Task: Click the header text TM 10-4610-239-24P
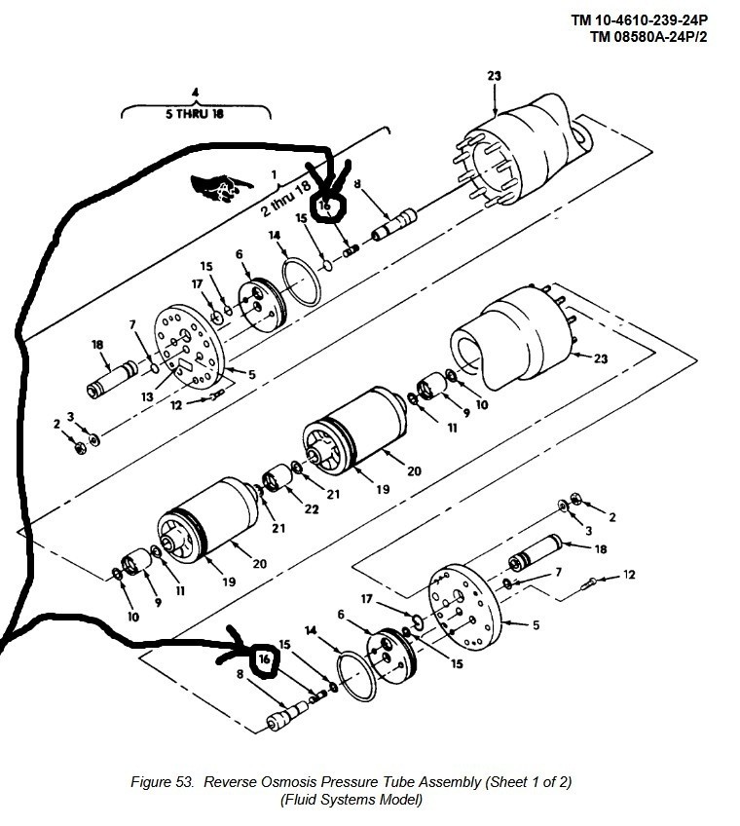(x=640, y=20)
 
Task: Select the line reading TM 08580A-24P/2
(x=648, y=37)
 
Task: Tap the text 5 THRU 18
(x=195, y=114)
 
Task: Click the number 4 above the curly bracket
(x=196, y=93)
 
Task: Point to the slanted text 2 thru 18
(x=286, y=199)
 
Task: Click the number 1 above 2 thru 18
(x=274, y=174)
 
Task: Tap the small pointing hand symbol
(x=221, y=188)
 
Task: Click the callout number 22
(x=312, y=509)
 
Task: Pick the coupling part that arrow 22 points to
(x=277, y=478)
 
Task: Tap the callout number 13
(x=147, y=396)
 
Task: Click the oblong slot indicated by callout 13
(x=184, y=365)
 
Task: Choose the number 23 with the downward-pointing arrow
(x=494, y=76)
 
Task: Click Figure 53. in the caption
(x=163, y=782)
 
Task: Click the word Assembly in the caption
(x=452, y=783)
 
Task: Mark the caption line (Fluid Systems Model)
(x=351, y=801)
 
